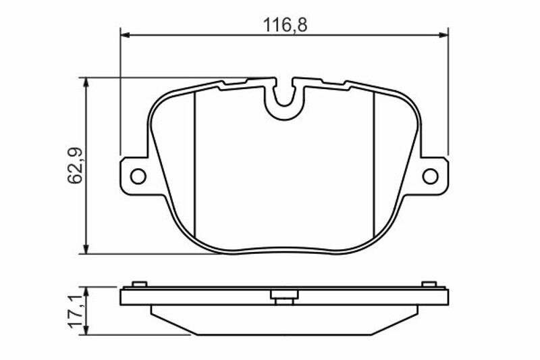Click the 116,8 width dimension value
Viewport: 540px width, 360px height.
click(x=285, y=25)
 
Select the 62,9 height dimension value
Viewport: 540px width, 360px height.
click(x=75, y=165)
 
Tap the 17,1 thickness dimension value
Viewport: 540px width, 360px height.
click(x=76, y=311)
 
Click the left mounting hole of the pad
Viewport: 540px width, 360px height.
click(x=138, y=176)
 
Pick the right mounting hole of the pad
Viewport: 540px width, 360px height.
click(x=430, y=176)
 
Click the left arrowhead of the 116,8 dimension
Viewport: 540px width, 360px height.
click(x=124, y=35)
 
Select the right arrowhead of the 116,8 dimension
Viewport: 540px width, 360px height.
click(x=444, y=35)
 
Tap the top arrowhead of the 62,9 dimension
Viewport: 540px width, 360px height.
click(x=86, y=82)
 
